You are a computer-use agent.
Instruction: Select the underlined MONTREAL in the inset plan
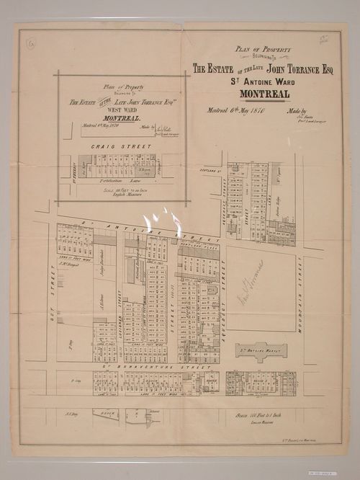pos(110,116)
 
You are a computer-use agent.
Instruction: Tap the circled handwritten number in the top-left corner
pos(30,45)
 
